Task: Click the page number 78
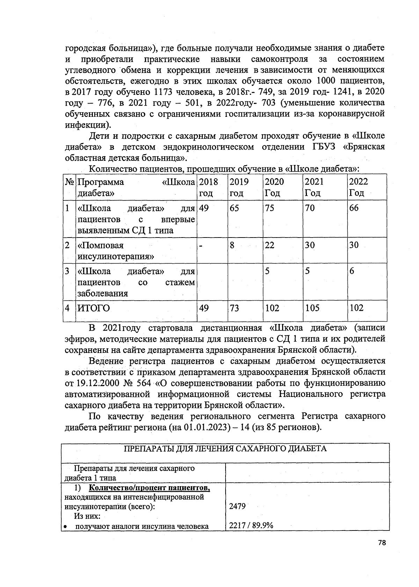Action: (x=382, y=552)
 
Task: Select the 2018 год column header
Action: (x=208, y=187)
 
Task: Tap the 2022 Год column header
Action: (x=358, y=187)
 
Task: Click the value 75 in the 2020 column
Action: (x=270, y=208)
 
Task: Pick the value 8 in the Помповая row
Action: (x=232, y=245)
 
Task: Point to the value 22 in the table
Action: (x=270, y=245)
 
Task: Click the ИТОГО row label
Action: (x=93, y=308)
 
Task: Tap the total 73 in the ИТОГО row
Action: (x=234, y=308)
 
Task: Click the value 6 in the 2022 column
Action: (x=352, y=271)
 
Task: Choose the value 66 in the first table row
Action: (x=354, y=208)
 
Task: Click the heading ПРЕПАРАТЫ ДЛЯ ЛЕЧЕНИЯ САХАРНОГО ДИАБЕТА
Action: (x=226, y=449)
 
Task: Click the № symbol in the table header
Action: (x=69, y=182)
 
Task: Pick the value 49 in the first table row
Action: (x=204, y=208)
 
